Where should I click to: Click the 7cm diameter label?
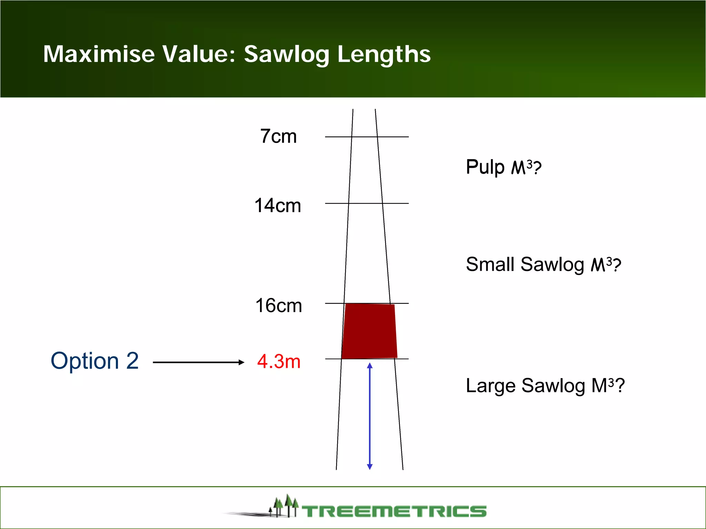pyautogui.click(x=278, y=136)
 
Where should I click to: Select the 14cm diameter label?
pyautogui.click(x=278, y=206)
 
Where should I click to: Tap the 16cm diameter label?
pyautogui.click(x=279, y=305)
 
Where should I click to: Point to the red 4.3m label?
pyautogui.click(x=279, y=362)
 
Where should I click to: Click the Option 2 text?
pyautogui.click(x=94, y=361)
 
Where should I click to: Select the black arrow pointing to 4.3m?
pyautogui.click(x=198, y=362)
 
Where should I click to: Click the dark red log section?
pyautogui.click(x=369, y=331)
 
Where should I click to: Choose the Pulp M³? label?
pyautogui.click(x=503, y=167)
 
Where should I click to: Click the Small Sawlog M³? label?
pyautogui.click(x=543, y=265)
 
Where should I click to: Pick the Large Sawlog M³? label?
pyautogui.click(x=545, y=386)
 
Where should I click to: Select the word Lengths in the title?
pyautogui.click(x=384, y=55)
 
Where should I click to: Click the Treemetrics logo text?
pyautogui.click(x=394, y=511)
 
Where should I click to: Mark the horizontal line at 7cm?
pyautogui.click(x=366, y=137)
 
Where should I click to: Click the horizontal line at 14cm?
pyautogui.click(x=366, y=204)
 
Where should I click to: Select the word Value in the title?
pyautogui.click(x=199, y=54)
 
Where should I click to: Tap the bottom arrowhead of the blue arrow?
pyautogui.click(x=370, y=467)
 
